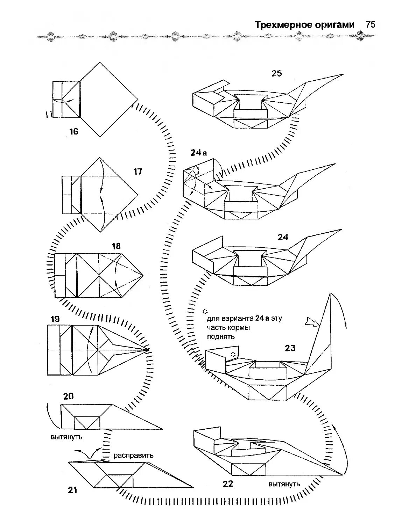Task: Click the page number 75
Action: [x=370, y=25]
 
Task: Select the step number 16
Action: [x=74, y=132]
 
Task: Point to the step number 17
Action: [x=138, y=172]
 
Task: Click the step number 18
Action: [x=116, y=246]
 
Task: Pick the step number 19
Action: [x=55, y=319]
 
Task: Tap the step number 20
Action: [x=68, y=396]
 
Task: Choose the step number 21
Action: [x=72, y=490]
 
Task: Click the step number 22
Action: [x=227, y=484]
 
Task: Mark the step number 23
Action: [x=290, y=348]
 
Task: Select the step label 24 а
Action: [x=199, y=153]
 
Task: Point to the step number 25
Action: [x=276, y=73]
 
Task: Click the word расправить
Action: [x=133, y=456]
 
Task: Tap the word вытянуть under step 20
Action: [x=66, y=437]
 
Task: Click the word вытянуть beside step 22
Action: [x=284, y=484]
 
